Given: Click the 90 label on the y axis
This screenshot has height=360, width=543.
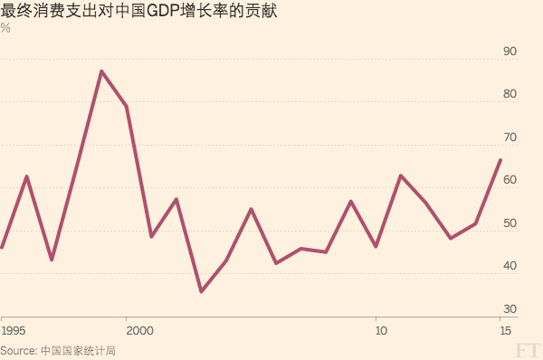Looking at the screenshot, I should [x=510, y=52].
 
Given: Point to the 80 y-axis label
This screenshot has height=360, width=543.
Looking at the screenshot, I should [x=510, y=94].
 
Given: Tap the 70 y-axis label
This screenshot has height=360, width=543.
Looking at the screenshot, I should [x=510, y=137].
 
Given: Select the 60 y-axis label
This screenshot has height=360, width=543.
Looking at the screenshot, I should [x=510, y=180].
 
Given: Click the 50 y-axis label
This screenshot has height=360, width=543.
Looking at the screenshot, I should [x=510, y=223].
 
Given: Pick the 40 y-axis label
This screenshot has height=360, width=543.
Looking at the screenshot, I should [x=510, y=266].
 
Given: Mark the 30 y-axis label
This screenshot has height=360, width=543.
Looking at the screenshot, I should [x=510, y=309].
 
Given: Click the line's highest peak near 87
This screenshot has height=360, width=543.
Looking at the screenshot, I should [x=101, y=71].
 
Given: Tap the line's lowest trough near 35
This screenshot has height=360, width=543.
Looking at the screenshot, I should [x=201, y=291].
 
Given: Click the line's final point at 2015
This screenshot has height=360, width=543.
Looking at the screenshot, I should [x=500, y=160].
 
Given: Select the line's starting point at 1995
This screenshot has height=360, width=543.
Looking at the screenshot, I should [x=2, y=247].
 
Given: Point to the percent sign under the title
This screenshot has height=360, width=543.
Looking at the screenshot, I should [x=5, y=28].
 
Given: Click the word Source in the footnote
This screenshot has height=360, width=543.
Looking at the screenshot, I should [x=18, y=350].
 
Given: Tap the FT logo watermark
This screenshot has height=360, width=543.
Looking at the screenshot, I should [x=528, y=349].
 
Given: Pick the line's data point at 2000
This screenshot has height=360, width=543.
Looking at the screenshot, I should [x=127, y=107].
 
